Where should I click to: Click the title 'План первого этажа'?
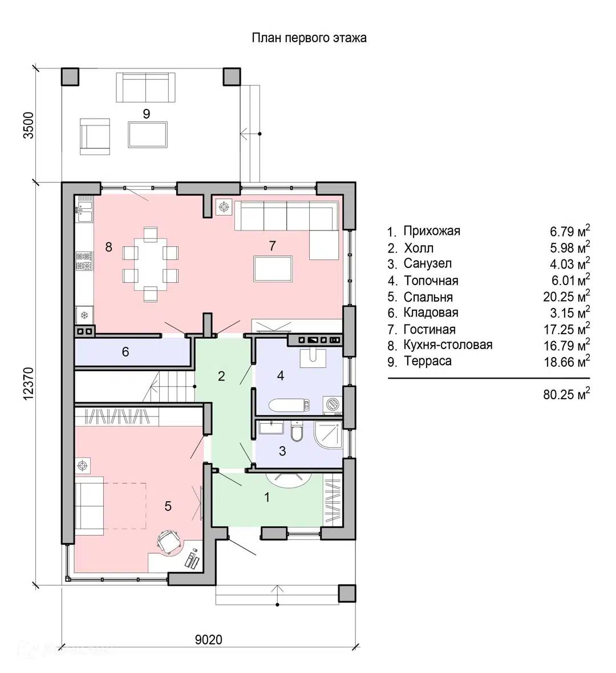pos(309,38)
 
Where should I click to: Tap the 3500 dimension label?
pos(29,125)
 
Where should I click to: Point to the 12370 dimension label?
pos(29,384)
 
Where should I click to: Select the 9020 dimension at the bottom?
pos(209,639)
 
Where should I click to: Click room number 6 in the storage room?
pos(125,352)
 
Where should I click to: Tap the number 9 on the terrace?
pos(147,113)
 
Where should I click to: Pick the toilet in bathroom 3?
pos(297,431)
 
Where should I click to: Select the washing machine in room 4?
pos(332,404)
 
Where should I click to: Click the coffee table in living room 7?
pos(273,269)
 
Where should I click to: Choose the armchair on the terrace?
pos(95,136)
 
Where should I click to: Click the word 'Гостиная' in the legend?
pos(429,330)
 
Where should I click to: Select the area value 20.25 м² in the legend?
pos(566,297)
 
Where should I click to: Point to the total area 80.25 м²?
pos(566,394)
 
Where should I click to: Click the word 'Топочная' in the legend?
pos(431,281)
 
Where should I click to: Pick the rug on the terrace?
pos(148,135)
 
